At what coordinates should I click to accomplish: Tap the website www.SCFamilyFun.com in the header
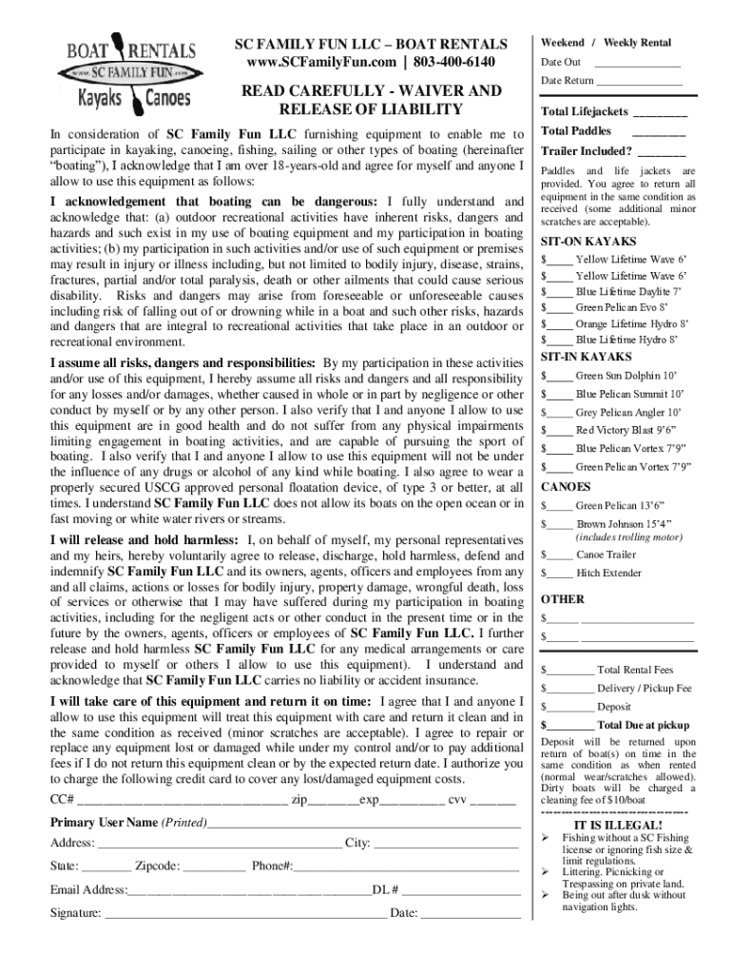[318, 62]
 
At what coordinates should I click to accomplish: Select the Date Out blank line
[638, 63]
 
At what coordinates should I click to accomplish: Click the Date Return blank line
[640, 82]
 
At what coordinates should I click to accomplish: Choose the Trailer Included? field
[662, 152]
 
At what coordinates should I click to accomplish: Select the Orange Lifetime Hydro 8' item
[631, 323]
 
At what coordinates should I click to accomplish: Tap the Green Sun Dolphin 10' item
[626, 376]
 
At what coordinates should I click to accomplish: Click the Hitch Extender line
[608, 574]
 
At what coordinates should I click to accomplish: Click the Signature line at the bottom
[245, 914]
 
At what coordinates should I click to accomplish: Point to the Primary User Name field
[363, 823]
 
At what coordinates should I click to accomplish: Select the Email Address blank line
[248, 890]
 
